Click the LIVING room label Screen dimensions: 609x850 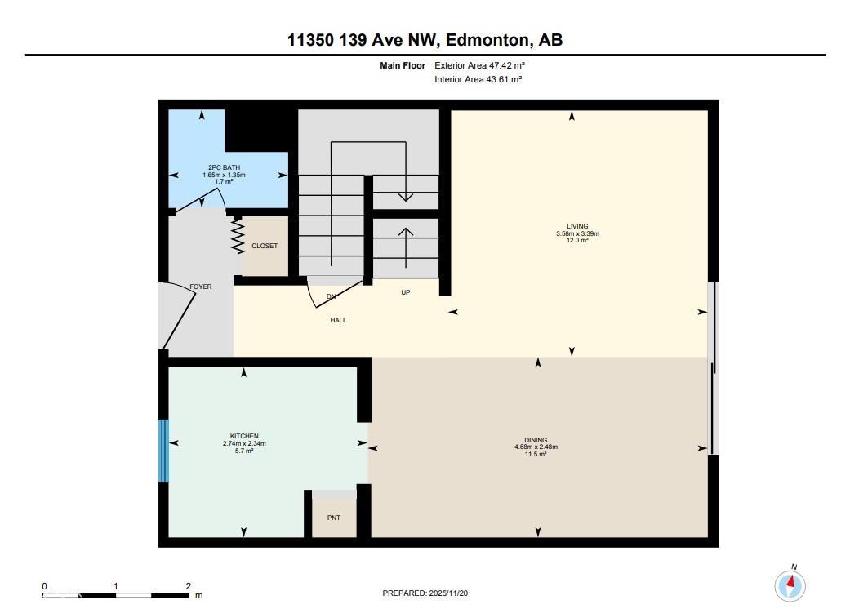pos(577,226)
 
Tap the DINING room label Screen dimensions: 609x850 pos(536,440)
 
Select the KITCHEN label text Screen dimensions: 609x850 pos(244,436)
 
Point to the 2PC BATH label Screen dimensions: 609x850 pos(224,167)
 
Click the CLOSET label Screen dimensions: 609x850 pos(265,246)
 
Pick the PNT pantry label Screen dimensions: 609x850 pos(334,517)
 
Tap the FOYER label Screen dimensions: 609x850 pos(200,287)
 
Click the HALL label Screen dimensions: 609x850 pos(338,320)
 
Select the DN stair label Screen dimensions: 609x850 pos(331,296)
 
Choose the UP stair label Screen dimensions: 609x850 pos(405,292)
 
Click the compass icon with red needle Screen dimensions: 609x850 pos(790,585)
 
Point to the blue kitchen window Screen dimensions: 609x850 pos(163,451)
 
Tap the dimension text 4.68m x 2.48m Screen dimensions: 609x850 pos(536,447)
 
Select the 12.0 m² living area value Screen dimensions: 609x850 pos(577,241)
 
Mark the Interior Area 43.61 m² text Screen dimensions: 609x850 pos(478,79)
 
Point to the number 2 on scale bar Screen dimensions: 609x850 pos(188,586)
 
